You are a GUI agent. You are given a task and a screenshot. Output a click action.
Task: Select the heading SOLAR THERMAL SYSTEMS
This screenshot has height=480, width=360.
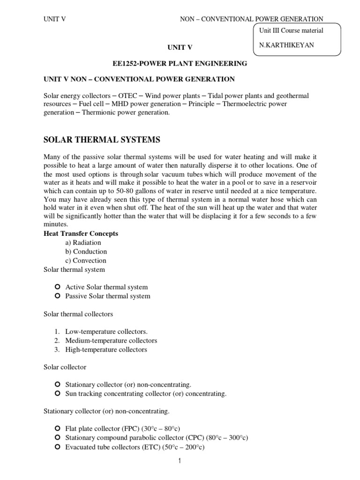(102, 140)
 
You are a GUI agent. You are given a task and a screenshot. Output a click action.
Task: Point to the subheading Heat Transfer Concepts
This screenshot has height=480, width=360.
(81, 233)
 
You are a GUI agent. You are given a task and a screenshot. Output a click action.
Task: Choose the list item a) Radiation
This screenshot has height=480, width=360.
(83, 242)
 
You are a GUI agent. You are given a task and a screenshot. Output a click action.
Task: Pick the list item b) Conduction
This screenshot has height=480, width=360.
(86, 251)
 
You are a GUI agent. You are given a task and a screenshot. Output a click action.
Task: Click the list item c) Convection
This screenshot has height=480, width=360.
(86, 260)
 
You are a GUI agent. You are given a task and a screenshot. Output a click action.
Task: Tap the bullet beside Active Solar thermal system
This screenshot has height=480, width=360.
(57, 287)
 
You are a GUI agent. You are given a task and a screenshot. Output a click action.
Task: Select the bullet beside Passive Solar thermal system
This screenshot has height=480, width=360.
(57, 296)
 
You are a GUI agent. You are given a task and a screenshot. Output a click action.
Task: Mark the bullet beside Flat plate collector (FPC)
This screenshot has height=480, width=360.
(57, 429)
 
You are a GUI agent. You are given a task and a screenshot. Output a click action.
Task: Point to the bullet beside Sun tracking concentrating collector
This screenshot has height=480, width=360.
(57, 394)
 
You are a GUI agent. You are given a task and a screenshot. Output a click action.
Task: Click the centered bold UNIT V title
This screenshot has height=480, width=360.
(180, 47)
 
